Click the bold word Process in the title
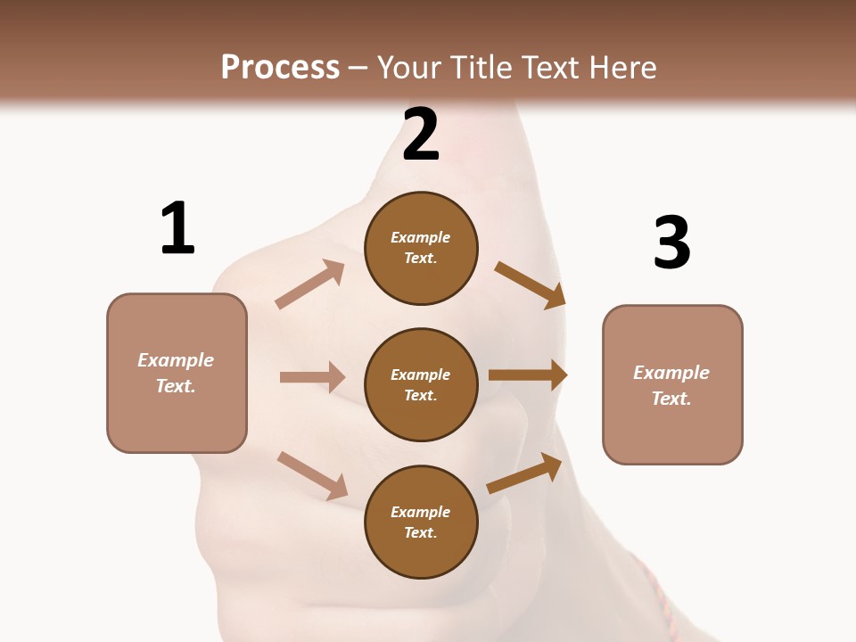click(x=280, y=68)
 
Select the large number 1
click(x=177, y=228)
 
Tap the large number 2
click(x=421, y=134)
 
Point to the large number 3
click(x=671, y=243)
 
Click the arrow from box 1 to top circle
click(x=309, y=284)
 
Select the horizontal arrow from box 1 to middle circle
click(x=312, y=377)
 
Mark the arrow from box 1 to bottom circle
click(x=312, y=475)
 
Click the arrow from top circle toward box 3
click(x=530, y=284)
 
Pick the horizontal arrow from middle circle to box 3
click(x=528, y=375)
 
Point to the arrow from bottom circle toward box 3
click(x=524, y=473)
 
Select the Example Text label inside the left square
click(x=176, y=373)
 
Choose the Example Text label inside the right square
click(x=671, y=385)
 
